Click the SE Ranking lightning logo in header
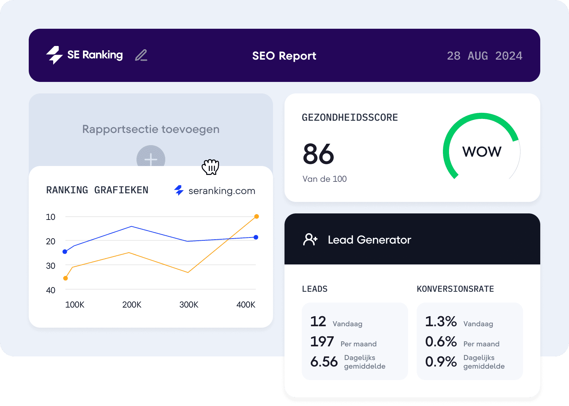point(55,55)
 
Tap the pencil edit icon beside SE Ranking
point(141,55)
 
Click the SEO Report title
point(284,56)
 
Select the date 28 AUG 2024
point(484,56)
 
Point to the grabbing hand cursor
point(211,167)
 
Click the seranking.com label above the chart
point(222,191)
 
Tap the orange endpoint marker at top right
point(256,216)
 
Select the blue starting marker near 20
point(65,252)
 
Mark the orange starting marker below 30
point(65,278)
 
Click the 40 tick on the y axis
point(51,290)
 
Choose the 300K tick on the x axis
point(189,305)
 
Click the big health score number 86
point(318,154)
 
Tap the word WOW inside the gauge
point(482,152)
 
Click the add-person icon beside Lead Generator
point(310,239)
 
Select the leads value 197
point(322,342)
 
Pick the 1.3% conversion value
point(441,322)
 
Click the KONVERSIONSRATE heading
point(455,289)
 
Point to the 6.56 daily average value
point(324,362)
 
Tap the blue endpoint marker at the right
point(256,237)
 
